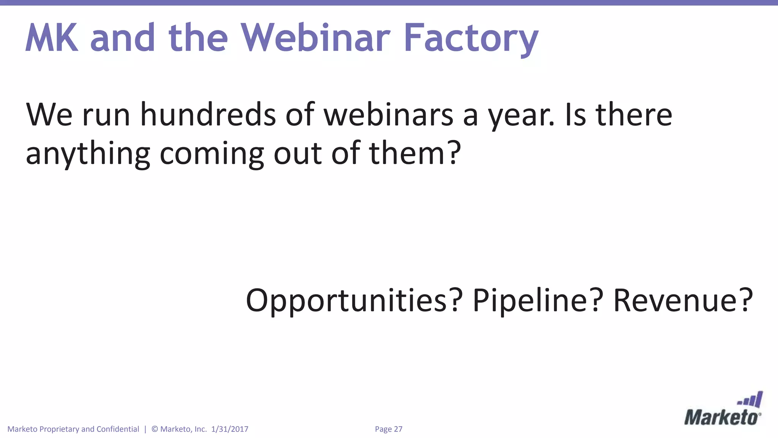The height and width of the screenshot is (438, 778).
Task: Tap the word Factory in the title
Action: coord(471,38)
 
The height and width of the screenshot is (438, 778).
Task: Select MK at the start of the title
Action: coord(52,38)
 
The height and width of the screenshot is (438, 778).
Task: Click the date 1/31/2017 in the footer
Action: coord(229,429)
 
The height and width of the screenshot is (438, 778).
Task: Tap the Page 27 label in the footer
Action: coord(388,429)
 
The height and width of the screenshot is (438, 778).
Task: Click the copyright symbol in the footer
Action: coord(155,429)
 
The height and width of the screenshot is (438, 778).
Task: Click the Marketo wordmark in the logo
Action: coord(722,417)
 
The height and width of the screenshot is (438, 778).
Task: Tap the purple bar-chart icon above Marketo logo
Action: coord(750,400)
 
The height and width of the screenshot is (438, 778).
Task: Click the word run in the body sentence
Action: coord(106,115)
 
